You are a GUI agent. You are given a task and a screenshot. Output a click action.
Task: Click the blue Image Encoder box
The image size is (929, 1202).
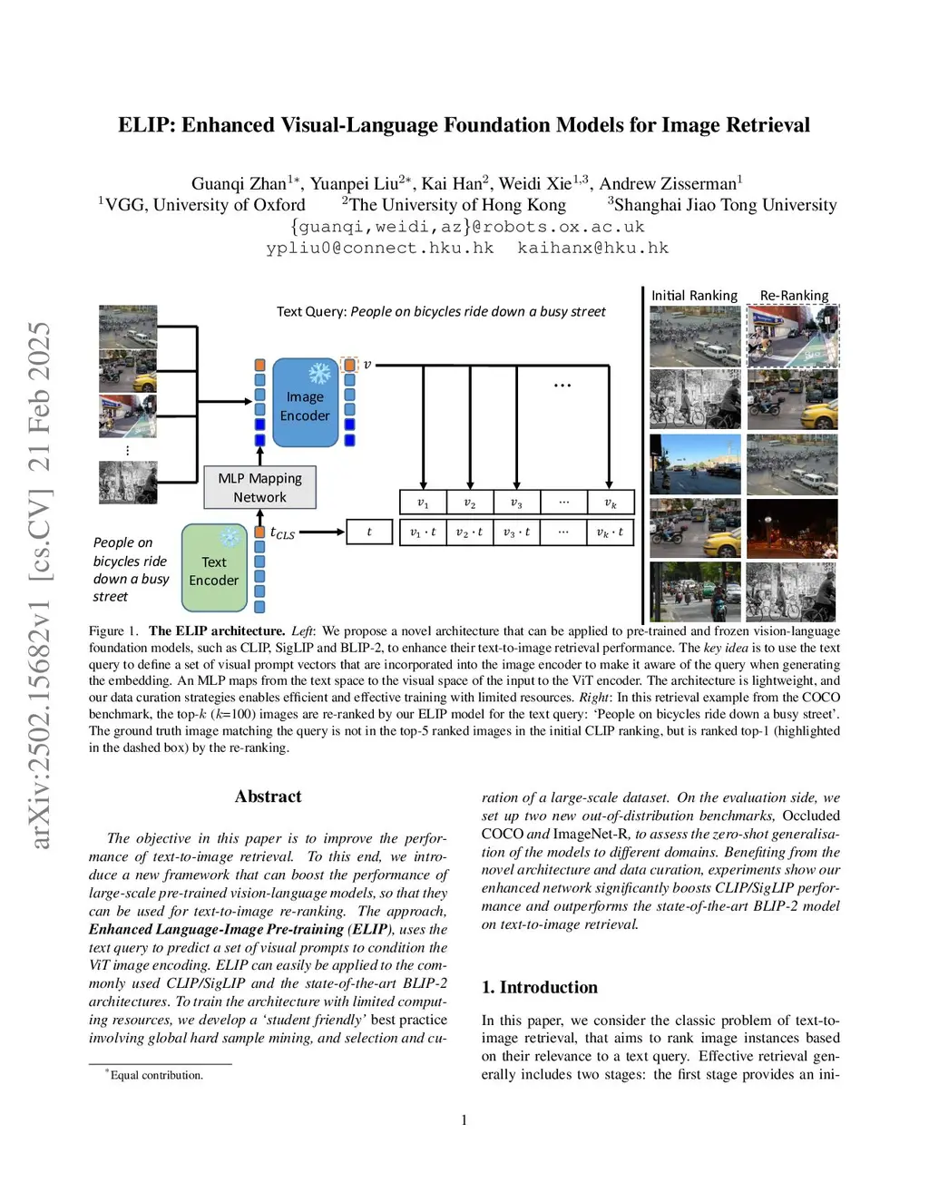305,403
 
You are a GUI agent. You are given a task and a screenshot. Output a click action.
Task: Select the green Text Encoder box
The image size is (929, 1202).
214,570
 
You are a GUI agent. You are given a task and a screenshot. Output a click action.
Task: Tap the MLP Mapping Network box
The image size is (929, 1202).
259,487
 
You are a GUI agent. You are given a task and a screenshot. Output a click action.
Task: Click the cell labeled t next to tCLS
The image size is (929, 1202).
369,532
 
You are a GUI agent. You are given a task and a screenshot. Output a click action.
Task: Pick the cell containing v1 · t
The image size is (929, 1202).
423,532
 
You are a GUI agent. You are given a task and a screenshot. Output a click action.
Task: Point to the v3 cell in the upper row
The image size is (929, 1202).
516,503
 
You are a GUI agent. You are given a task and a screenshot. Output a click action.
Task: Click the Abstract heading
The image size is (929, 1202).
268,796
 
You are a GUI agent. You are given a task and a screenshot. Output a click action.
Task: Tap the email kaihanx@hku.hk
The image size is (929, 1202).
592,248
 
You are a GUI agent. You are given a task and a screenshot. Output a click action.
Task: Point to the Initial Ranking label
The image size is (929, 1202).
694,295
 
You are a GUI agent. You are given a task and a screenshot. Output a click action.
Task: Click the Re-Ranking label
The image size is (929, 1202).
794,295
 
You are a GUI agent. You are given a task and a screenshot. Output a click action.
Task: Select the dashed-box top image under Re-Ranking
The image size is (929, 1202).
792,336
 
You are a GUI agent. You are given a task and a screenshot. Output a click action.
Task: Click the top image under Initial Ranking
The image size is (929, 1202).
695,336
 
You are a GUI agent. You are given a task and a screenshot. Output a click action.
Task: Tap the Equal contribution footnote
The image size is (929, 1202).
156,1075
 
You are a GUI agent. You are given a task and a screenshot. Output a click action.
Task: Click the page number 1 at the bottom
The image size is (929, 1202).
464,1120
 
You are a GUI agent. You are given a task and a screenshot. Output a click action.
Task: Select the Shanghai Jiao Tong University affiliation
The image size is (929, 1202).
724,205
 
